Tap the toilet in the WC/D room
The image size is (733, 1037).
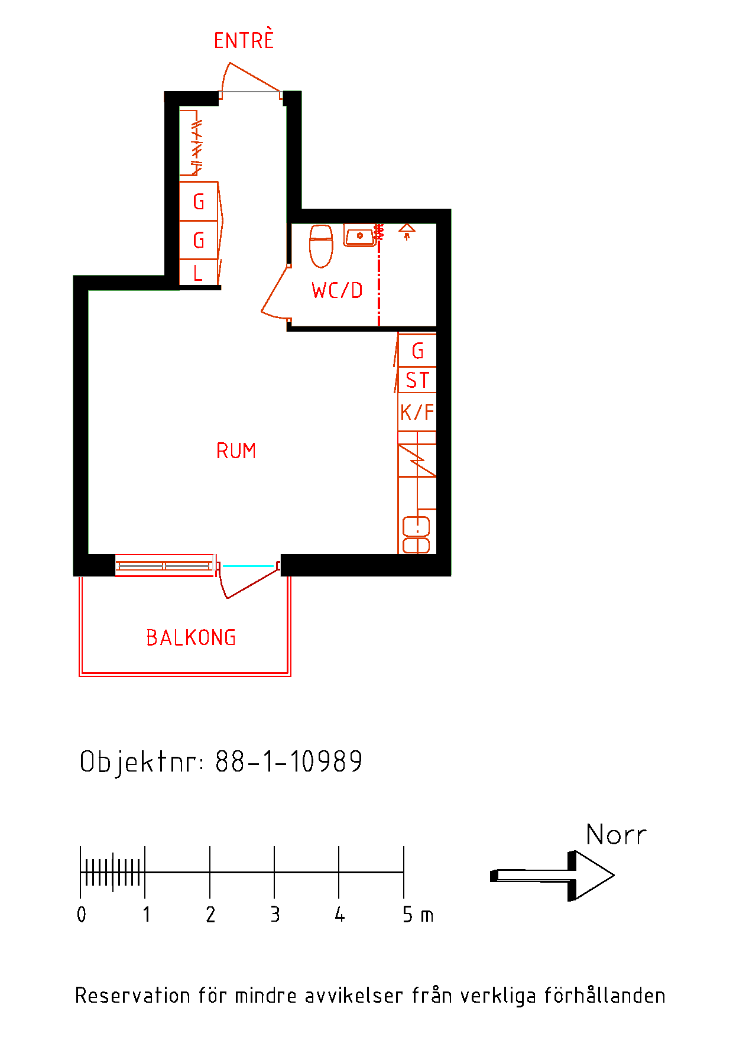[321, 245]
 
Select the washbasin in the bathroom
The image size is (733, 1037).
[359, 235]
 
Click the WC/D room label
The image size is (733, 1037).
[337, 290]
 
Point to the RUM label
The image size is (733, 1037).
[236, 451]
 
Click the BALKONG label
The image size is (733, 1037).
[191, 637]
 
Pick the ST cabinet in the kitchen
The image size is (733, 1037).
[417, 380]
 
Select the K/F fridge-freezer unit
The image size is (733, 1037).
[417, 412]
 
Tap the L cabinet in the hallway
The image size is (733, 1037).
[199, 273]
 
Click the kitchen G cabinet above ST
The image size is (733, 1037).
[417, 351]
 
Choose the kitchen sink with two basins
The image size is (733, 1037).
[416, 535]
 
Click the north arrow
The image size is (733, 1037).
[552, 876]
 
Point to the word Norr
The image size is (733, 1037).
[616, 835]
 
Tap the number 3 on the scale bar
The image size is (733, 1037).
[275, 915]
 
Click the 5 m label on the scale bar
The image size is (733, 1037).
[418, 915]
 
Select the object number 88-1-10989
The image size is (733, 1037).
[289, 761]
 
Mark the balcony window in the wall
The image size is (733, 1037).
[164, 566]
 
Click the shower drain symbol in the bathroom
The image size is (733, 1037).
[407, 231]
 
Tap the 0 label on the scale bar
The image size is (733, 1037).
[82, 915]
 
